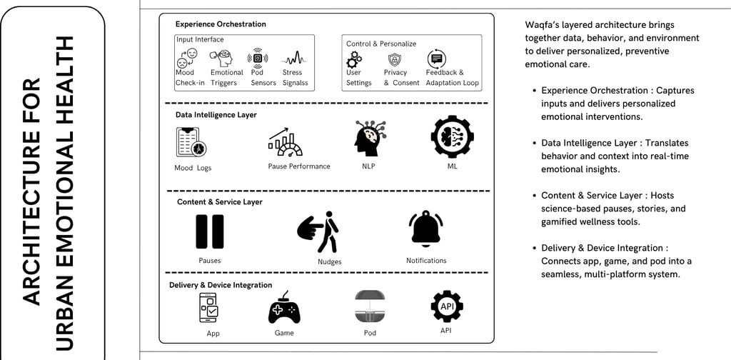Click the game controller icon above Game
coord(284,309)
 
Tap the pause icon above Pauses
coord(210,231)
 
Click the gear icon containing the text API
coord(447,306)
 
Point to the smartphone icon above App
coord(212,308)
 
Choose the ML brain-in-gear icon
coord(453,136)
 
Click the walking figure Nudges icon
coord(318,231)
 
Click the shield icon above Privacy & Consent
coord(395,59)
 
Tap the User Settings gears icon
coord(354,59)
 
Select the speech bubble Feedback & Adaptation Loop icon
coord(436,59)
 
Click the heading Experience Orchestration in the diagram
coord(221,24)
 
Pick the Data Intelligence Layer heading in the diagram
coord(216,114)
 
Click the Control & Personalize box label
coord(381,44)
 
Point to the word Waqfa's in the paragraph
coord(543,25)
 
